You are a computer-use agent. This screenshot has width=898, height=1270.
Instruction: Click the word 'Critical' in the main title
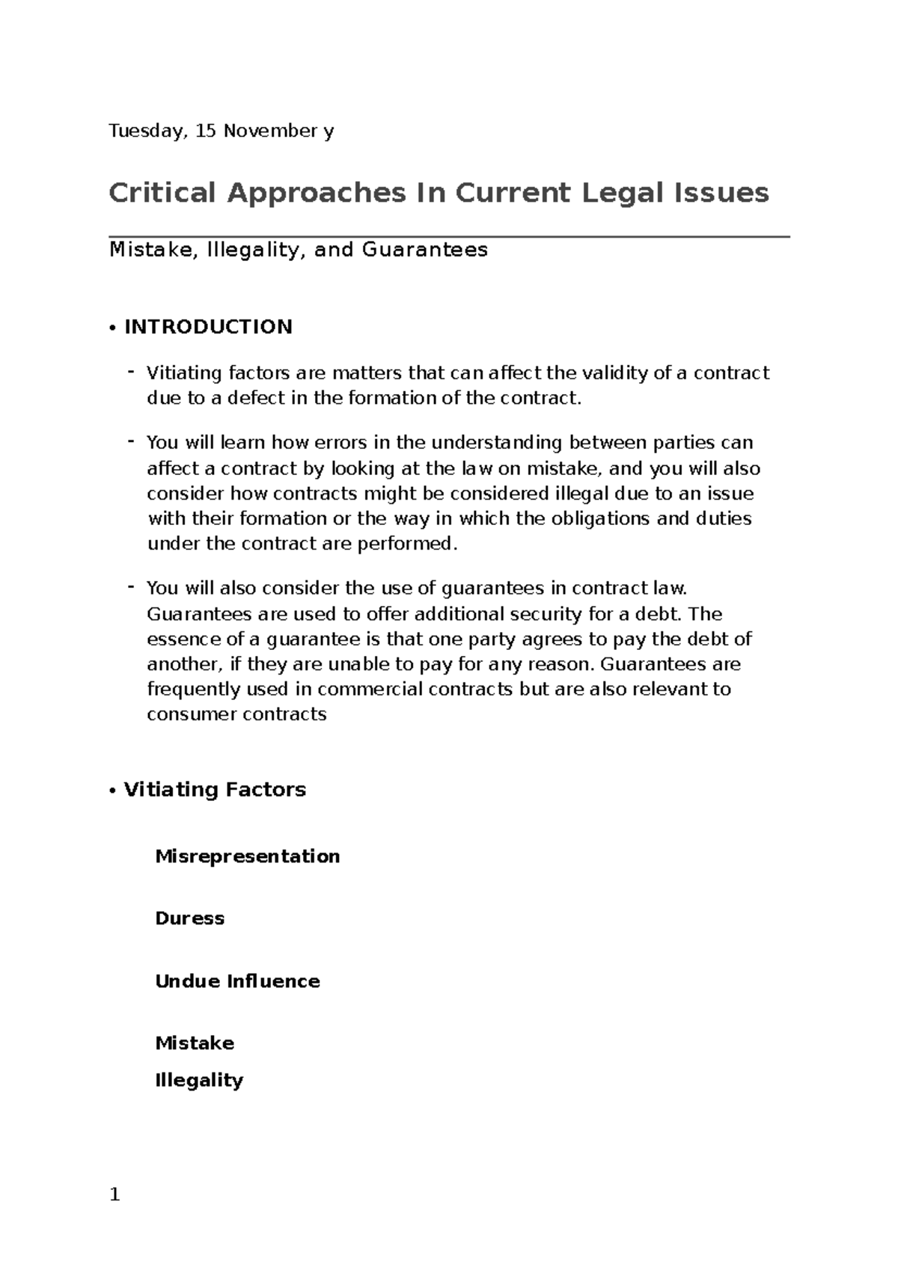tap(162, 193)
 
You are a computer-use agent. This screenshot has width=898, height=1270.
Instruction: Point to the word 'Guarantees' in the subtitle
tap(424, 250)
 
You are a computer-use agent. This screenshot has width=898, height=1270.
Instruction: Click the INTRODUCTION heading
tap(208, 327)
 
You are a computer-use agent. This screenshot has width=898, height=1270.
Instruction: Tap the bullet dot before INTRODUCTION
tap(112, 328)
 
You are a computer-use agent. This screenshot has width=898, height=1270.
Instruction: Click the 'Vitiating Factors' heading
tap(215, 790)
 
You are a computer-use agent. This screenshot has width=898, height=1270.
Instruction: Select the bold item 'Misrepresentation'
tap(247, 856)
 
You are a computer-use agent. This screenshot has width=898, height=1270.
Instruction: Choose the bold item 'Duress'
tap(189, 918)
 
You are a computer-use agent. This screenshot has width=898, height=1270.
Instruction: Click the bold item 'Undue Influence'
tap(237, 981)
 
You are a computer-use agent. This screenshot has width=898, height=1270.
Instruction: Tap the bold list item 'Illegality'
tap(199, 1081)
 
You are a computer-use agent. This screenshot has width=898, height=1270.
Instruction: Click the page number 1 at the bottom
tap(114, 1195)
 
